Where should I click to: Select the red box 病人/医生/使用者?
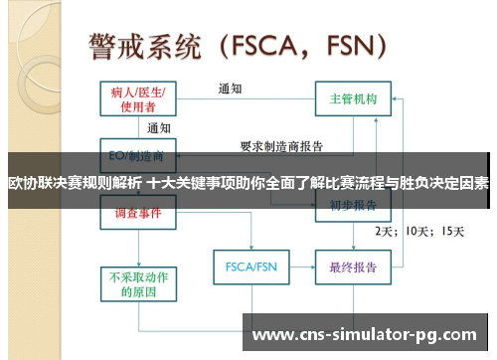pos(138,98)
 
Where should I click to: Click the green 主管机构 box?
pos(353,99)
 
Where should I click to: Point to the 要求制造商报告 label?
pos(282,145)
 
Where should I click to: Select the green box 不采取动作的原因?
pos(138,284)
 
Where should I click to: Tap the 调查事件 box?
pos(138,212)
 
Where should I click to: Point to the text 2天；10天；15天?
pos(418,231)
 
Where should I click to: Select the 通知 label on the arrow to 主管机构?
pos(232,89)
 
